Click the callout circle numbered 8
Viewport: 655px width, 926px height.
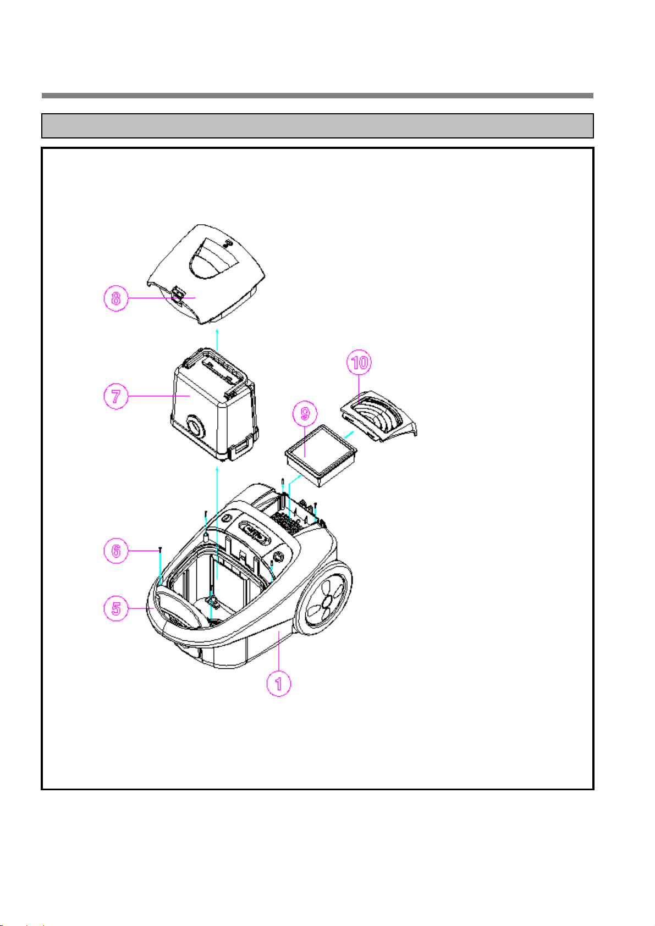(116, 298)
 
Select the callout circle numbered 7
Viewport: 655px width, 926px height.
(116, 396)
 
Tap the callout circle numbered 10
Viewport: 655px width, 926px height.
(359, 363)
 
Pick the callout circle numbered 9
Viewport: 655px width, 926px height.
(305, 413)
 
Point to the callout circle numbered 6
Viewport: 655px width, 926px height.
(116, 551)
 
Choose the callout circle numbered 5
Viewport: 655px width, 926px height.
(116, 608)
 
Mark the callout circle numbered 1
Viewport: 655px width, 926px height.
(278, 684)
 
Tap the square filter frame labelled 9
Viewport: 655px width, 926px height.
(321, 456)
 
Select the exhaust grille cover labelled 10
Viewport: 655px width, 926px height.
(378, 416)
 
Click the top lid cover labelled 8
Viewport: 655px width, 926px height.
(206, 274)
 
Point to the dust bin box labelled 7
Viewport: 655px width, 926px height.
(214, 405)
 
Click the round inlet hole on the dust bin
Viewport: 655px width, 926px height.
(195, 426)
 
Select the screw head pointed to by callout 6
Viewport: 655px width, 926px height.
(160, 549)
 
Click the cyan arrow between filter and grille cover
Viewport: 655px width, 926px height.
(349, 435)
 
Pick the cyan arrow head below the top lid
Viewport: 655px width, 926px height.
(217, 331)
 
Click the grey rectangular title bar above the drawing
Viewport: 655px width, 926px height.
(317, 126)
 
